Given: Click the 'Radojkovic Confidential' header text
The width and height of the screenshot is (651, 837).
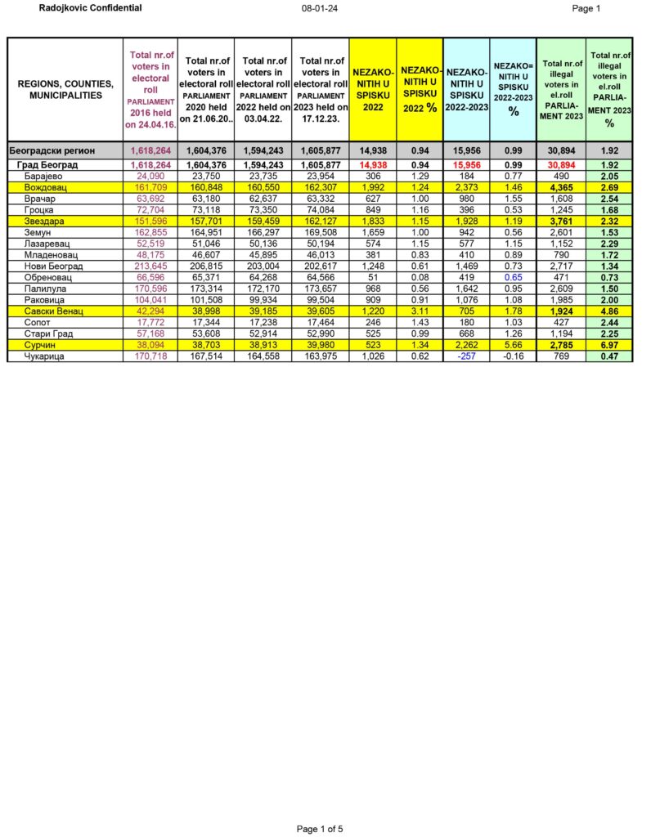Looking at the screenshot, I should click(90, 8).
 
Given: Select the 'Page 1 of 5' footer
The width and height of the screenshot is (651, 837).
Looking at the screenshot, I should click(320, 829).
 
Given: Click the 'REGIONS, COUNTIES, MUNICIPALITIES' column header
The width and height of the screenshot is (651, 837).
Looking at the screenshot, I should click(65, 90).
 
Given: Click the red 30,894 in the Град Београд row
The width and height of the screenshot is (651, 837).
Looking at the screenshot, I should click(560, 164).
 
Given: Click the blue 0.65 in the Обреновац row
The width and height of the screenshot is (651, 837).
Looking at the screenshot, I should click(513, 277).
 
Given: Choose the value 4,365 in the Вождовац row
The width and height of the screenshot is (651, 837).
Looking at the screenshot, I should click(560, 187).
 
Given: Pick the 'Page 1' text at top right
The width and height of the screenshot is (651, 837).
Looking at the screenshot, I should click(586, 9).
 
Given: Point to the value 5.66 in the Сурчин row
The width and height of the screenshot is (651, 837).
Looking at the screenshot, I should click(513, 345).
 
